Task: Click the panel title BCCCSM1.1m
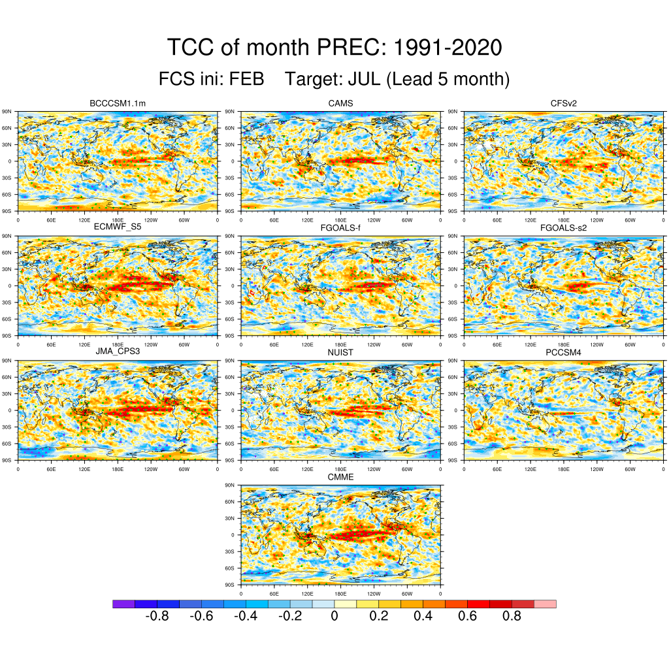pyautogui.click(x=118, y=104)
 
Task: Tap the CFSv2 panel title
pyautogui.click(x=564, y=104)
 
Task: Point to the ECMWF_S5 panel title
pyautogui.click(x=118, y=227)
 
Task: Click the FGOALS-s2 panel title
pyautogui.click(x=564, y=227)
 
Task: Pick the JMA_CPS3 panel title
pyautogui.click(x=118, y=353)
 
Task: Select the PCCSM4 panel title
pyautogui.click(x=564, y=353)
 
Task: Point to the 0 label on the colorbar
pyautogui.click(x=334, y=616)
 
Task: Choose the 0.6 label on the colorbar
pyautogui.click(x=468, y=616)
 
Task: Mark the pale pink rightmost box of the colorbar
pyautogui.click(x=546, y=604)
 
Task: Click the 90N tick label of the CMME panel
pyautogui.click(x=229, y=485)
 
